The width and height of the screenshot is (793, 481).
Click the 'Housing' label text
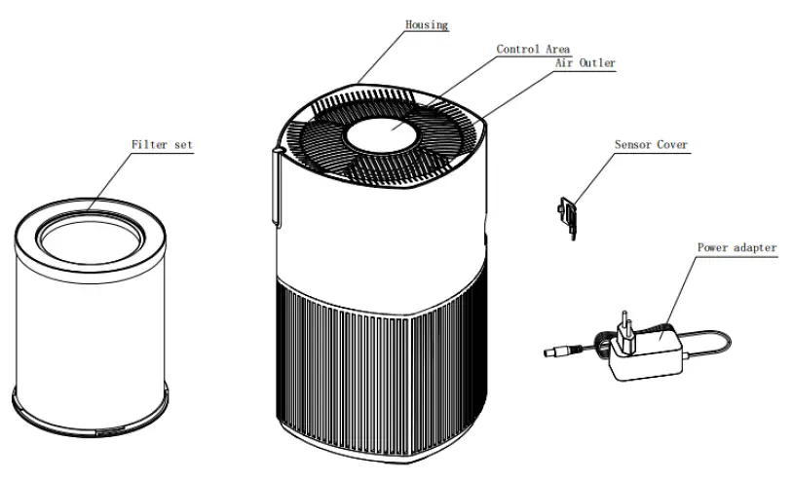427,24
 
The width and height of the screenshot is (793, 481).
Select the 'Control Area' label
533,48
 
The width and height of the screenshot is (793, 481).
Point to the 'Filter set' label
162,144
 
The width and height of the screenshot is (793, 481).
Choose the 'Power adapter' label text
736,247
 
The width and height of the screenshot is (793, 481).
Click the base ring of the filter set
89,407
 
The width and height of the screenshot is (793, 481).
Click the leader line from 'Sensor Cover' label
591,180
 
